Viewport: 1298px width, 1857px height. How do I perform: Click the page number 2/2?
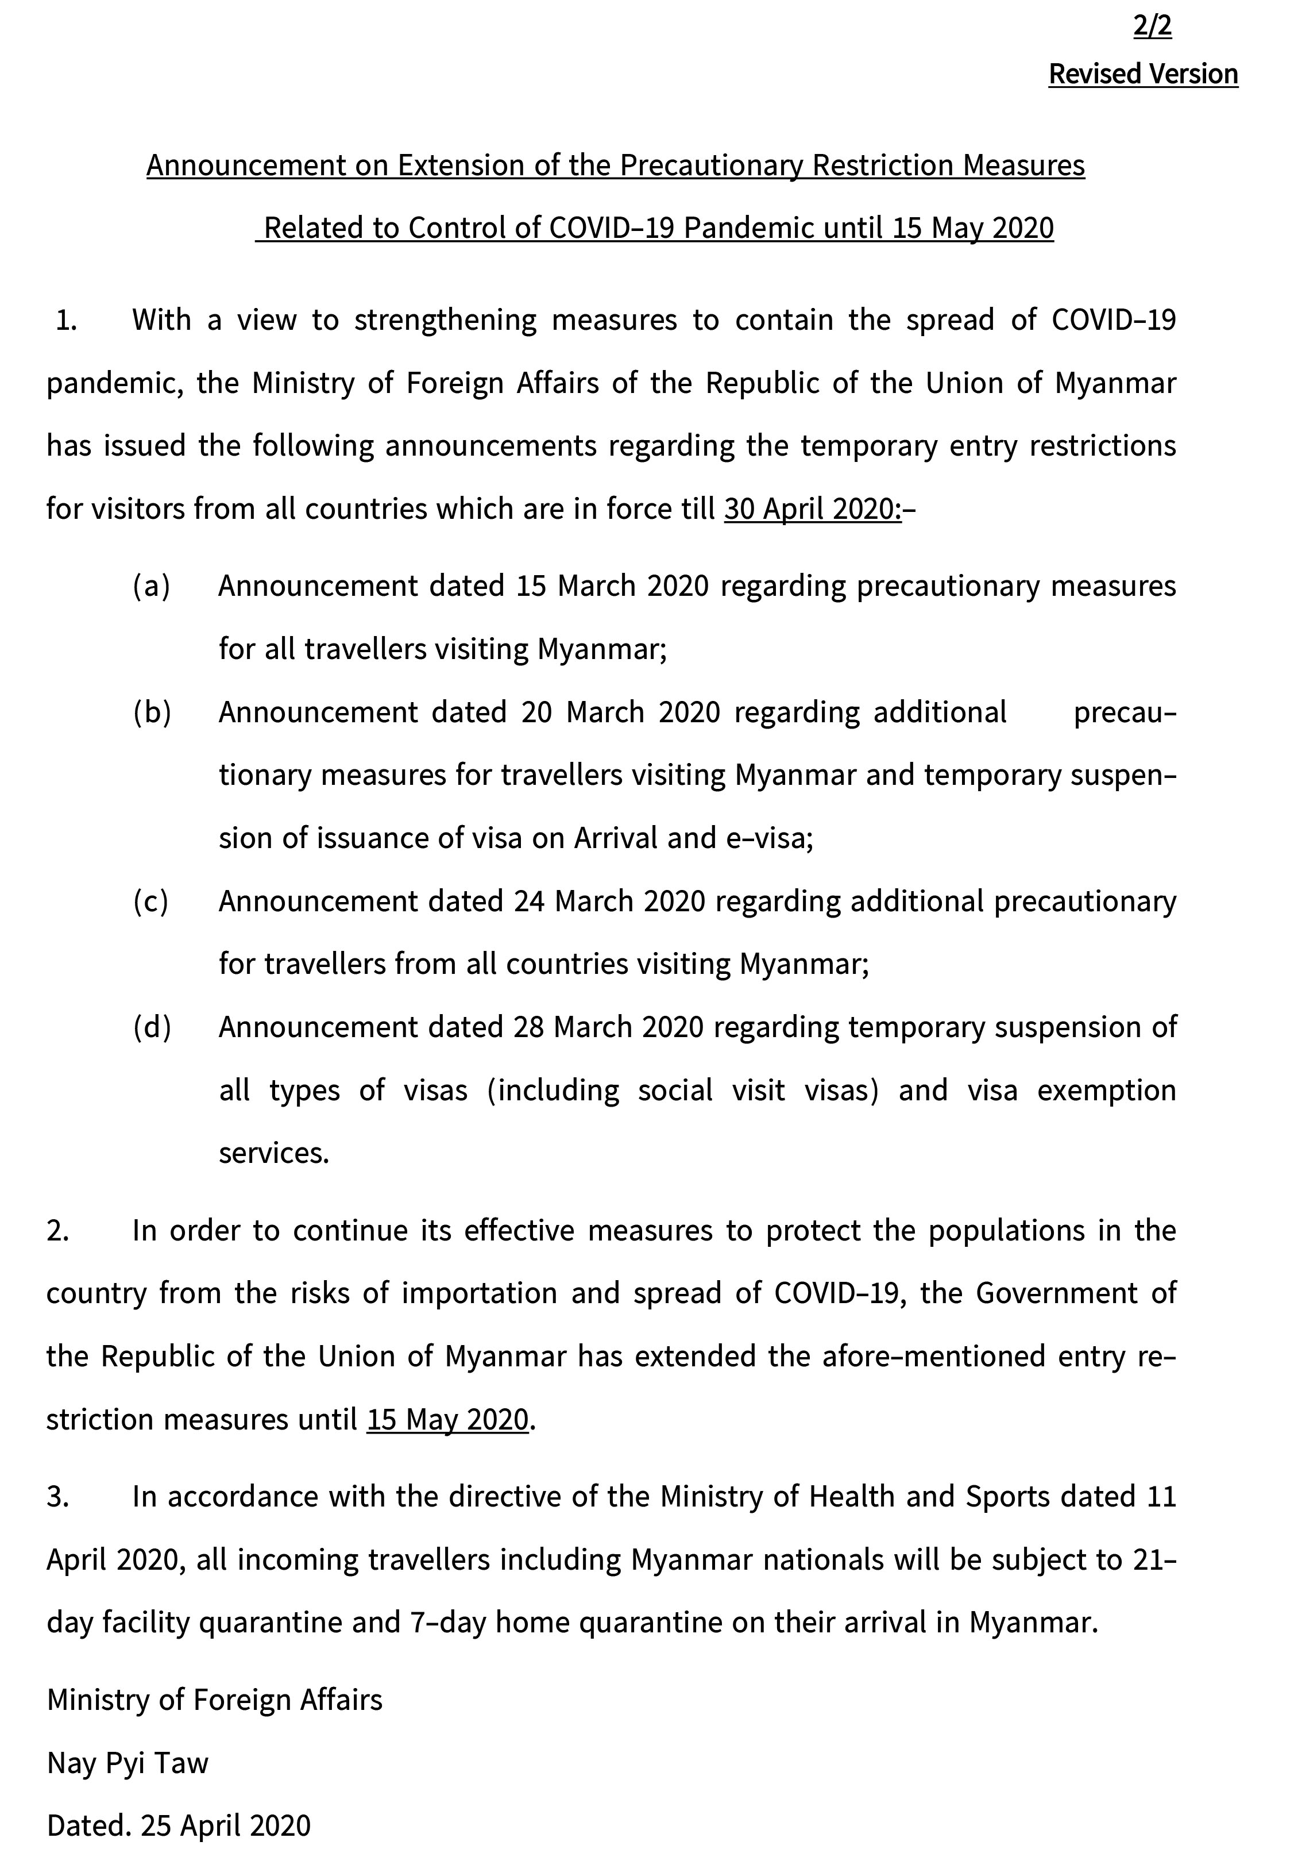[1152, 26]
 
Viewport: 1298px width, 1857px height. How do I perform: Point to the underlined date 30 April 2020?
[812, 508]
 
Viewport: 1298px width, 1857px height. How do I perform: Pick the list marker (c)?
[151, 901]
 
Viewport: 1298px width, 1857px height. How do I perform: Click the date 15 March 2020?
[612, 585]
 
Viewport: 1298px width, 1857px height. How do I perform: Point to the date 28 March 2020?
[608, 1026]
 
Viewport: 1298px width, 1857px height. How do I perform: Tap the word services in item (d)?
[273, 1153]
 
